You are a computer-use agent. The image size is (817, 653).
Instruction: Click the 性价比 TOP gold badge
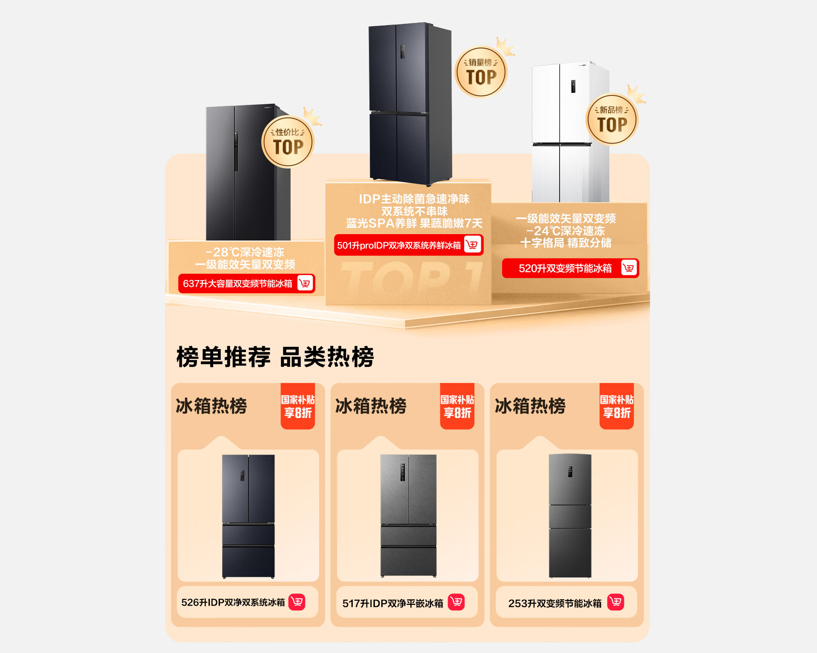click(288, 142)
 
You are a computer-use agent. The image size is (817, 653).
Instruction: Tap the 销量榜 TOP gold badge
click(481, 72)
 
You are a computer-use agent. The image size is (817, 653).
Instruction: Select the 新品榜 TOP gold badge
click(612, 120)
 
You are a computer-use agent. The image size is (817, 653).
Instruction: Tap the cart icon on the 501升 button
click(472, 245)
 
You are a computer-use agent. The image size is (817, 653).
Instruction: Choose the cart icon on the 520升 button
click(629, 268)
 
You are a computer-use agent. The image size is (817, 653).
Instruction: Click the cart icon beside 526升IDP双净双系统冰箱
click(297, 602)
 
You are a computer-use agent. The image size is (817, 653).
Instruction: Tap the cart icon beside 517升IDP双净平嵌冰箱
click(457, 602)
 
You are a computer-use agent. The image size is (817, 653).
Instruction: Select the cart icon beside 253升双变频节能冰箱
click(616, 602)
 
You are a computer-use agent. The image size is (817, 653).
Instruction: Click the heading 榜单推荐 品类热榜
click(275, 357)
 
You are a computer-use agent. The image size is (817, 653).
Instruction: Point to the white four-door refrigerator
click(570, 132)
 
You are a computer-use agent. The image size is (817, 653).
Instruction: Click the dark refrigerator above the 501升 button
click(410, 104)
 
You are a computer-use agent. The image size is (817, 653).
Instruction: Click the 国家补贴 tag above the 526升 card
click(298, 406)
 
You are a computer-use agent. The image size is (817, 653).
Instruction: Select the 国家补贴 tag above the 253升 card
click(617, 406)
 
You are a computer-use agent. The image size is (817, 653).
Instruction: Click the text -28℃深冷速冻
click(245, 252)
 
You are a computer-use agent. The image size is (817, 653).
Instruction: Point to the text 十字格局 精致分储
click(566, 243)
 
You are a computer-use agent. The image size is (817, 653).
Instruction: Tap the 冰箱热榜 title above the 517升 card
click(371, 406)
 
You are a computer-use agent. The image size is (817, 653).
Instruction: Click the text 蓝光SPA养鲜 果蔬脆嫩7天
click(414, 223)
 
